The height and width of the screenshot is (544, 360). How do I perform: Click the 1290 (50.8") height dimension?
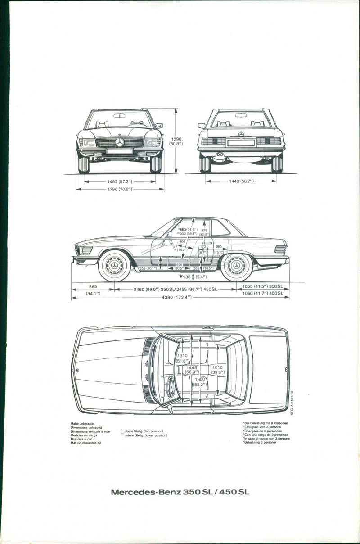176,141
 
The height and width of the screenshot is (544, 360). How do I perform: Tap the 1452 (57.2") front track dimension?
119,181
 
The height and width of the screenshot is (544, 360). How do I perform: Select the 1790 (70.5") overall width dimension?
119,189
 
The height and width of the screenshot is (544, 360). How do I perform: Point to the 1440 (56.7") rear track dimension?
241,181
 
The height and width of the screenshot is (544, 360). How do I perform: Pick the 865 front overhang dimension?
93,286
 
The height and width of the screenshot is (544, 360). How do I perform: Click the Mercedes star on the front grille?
120,142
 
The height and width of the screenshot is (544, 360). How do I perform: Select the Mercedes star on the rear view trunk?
241,134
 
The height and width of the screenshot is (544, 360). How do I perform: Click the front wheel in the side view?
114,266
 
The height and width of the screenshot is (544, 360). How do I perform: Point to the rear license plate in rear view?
241,142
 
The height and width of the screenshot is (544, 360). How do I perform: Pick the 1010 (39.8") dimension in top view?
218,370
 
